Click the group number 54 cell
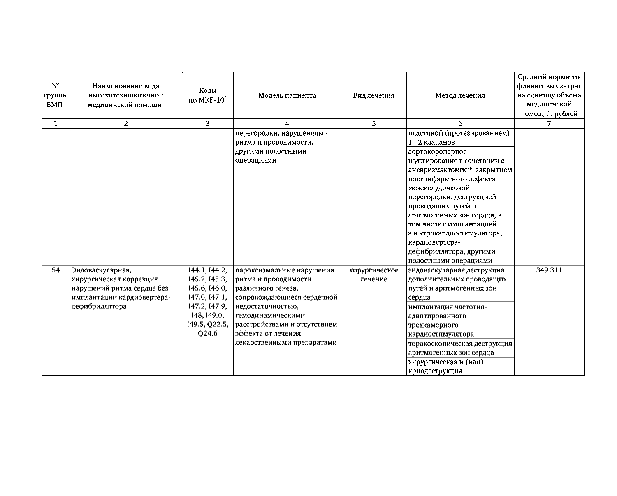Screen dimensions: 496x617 pyautogui.click(x=56, y=270)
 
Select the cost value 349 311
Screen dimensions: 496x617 pyautogui.click(x=549, y=270)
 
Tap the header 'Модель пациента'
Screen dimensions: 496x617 pyautogui.click(x=287, y=96)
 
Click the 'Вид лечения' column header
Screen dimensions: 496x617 pyautogui.click(x=373, y=96)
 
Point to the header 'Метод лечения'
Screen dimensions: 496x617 pyautogui.click(x=460, y=96)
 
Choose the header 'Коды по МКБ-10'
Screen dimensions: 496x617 pyautogui.click(x=208, y=96)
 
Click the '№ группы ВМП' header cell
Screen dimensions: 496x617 pyautogui.click(x=56, y=96)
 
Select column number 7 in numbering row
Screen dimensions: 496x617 pyautogui.click(x=549, y=124)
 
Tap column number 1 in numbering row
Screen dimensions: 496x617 pyautogui.click(x=56, y=124)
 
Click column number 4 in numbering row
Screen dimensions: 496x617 pyautogui.click(x=287, y=124)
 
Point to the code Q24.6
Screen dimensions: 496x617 pyautogui.click(x=208, y=334)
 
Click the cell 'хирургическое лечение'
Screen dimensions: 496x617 pyautogui.click(x=373, y=275)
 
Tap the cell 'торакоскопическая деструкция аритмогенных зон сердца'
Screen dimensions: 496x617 pyautogui.click(x=460, y=348)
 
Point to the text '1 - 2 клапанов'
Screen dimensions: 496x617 pyautogui.click(x=431, y=143)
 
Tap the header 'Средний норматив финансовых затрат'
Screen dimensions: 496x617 pyautogui.click(x=549, y=96)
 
